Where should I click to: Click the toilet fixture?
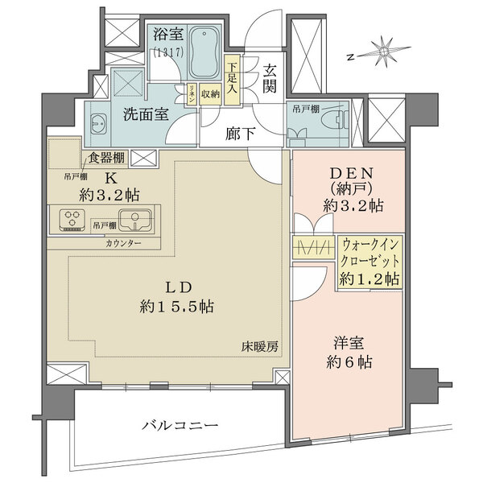[334, 118]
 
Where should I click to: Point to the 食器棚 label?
[105, 158]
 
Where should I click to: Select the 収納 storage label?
[210, 93]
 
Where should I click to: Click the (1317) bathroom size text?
[167, 52]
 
